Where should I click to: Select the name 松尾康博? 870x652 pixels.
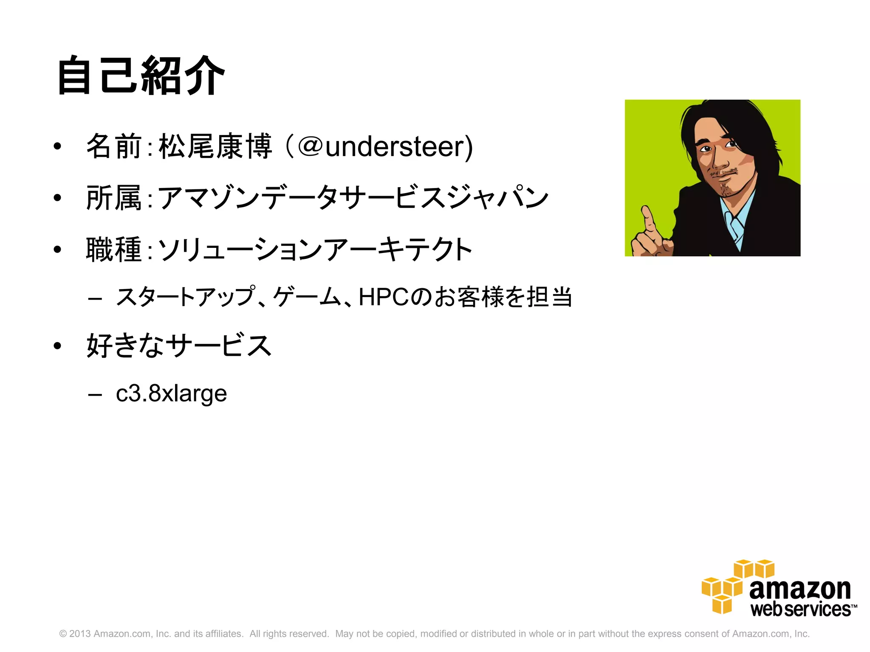tap(215, 146)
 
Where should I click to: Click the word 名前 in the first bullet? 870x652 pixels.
tap(114, 146)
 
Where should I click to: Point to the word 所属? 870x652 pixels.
tap(114, 198)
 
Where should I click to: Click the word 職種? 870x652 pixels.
tap(114, 250)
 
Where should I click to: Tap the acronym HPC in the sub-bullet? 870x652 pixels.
tap(384, 297)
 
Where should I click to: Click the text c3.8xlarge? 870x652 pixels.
tap(171, 393)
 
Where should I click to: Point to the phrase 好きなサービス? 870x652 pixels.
tap(179, 346)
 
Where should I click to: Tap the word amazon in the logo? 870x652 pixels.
tap(800, 590)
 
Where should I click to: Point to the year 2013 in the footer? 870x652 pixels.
tap(80, 634)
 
